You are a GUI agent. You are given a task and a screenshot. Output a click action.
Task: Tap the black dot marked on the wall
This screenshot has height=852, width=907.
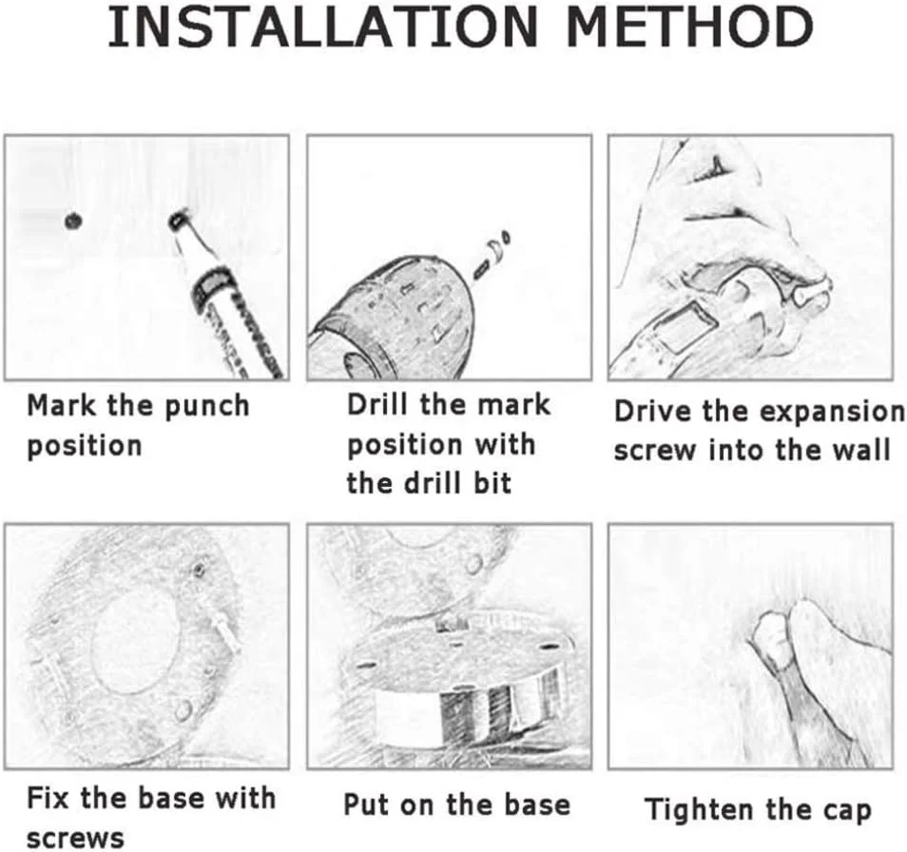[73, 221]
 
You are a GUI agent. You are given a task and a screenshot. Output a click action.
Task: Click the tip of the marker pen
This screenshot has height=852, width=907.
[177, 219]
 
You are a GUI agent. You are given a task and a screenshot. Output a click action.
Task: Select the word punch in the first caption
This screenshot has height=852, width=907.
[206, 407]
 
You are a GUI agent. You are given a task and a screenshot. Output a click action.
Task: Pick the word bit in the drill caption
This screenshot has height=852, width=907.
[492, 483]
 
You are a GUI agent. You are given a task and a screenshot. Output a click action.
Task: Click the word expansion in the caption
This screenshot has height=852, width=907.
[831, 413]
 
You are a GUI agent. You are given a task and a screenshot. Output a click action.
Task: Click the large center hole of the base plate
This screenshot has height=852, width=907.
[136, 642]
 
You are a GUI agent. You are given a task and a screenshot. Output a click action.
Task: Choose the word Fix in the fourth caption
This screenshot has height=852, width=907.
[48, 798]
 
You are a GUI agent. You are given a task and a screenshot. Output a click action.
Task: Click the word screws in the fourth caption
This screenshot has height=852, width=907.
[75, 839]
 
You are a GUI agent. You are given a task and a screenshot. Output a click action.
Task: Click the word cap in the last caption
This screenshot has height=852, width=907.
[849, 811]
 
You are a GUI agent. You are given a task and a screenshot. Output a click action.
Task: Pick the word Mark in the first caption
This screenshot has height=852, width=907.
[62, 405]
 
